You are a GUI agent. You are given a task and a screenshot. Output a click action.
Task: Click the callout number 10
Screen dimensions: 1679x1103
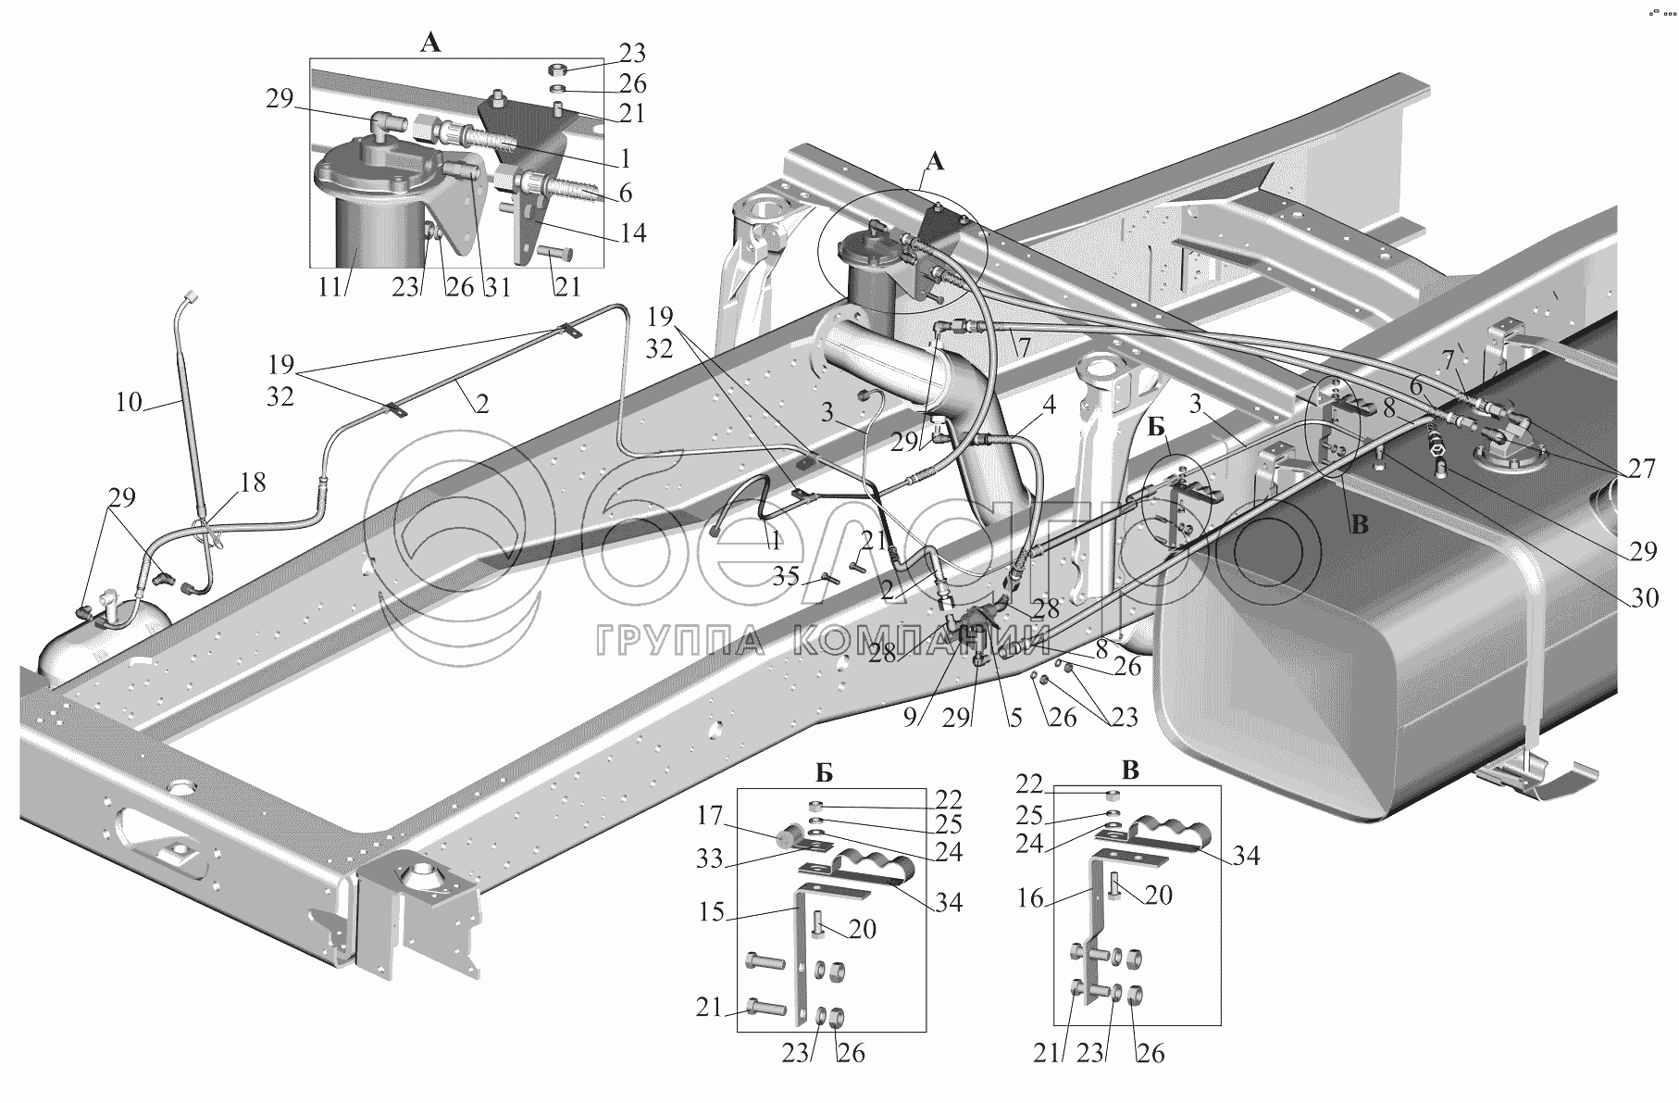[130, 402]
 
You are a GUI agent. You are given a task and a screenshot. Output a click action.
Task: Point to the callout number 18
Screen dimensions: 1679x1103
[252, 483]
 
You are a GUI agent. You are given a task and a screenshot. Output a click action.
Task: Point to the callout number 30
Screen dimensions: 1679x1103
[1644, 598]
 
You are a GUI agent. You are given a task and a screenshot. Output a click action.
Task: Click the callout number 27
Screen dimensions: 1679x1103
[1641, 469]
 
